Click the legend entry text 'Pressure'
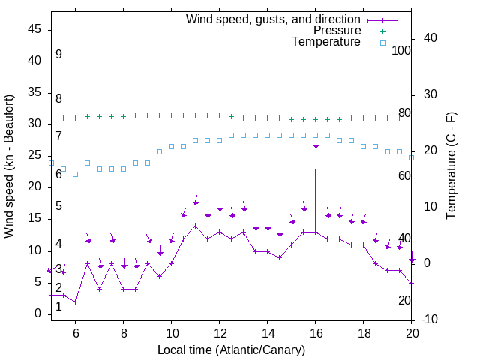click(x=337, y=31)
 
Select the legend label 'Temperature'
click(x=326, y=42)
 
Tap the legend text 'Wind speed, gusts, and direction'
click(x=274, y=19)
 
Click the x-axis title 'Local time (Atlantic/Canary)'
click(x=232, y=349)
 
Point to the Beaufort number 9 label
click(x=58, y=55)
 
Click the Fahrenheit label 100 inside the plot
click(x=402, y=50)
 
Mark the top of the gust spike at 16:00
click(x=315, y=169)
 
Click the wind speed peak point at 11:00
click(x=195, y=226)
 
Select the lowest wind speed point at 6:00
click(x=75, y=301)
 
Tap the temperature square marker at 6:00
click(x=75, y=174)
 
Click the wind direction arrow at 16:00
click(x=316, y=144)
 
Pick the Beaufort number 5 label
click(x=58, y=206)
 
